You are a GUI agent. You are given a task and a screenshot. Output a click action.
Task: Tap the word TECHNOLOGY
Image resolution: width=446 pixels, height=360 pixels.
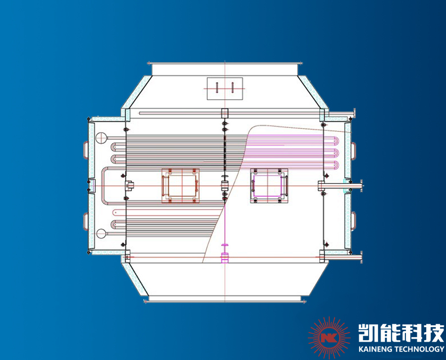click(x=421, y=349)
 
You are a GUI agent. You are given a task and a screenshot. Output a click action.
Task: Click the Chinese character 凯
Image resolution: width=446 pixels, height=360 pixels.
click(x=369, y=332)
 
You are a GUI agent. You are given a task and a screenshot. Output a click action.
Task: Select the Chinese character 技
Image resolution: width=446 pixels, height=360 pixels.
click(x=434, y=332)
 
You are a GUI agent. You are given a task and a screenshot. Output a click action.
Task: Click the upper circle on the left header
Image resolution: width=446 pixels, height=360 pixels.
click(x=101, y=137)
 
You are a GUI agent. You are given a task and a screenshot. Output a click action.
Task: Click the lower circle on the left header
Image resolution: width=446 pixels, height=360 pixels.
click(x=101, y=233)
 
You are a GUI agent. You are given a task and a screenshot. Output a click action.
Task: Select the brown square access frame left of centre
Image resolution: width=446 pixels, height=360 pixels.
click(x=181, y=185)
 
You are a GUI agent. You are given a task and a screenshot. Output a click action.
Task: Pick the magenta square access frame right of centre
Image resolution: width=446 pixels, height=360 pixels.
click(x=269, y=186)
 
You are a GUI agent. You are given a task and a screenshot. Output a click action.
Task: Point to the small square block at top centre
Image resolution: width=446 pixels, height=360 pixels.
click(x=224, y=112)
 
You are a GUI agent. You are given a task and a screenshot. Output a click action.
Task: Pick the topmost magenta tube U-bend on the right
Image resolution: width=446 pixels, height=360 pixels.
click(x=337, y=141)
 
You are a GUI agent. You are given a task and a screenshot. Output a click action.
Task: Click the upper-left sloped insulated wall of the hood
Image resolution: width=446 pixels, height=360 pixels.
click(x=137, y=94)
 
